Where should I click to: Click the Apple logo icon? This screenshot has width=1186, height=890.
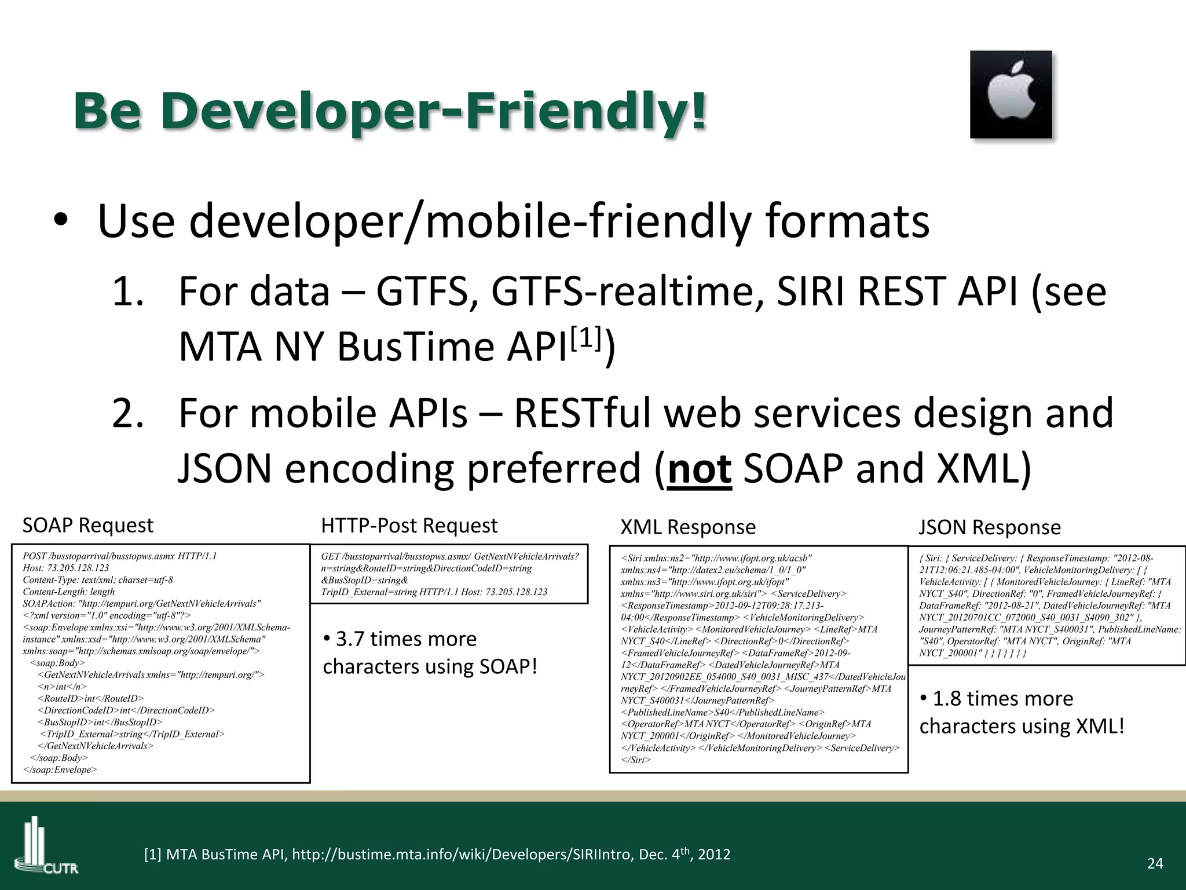pyautogui.click(x=1011, y=94)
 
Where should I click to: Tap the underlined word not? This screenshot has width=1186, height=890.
pyautogui.click(x=700, y=469)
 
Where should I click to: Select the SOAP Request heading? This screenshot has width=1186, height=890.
pyautogui.click(x=88, y=526)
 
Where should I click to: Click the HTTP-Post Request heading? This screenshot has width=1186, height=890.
pyautogui.click(x=409, y=526)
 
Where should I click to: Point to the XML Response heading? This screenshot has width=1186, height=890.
pyautogui.click(x=688, y=527)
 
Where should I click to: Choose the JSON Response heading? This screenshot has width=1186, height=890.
pyautogui.click(x=990, y=527)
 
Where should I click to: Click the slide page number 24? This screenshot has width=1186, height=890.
pyautogui.click(x=1155, y=864)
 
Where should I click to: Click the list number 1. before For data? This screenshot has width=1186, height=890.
pyautogui.click(x=128, y=291)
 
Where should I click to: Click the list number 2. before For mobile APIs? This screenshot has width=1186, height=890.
pyautogui.click(x=128, y=413)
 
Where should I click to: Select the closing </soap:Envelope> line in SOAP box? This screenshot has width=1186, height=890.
pyautogui.click(x=60, y=770)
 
